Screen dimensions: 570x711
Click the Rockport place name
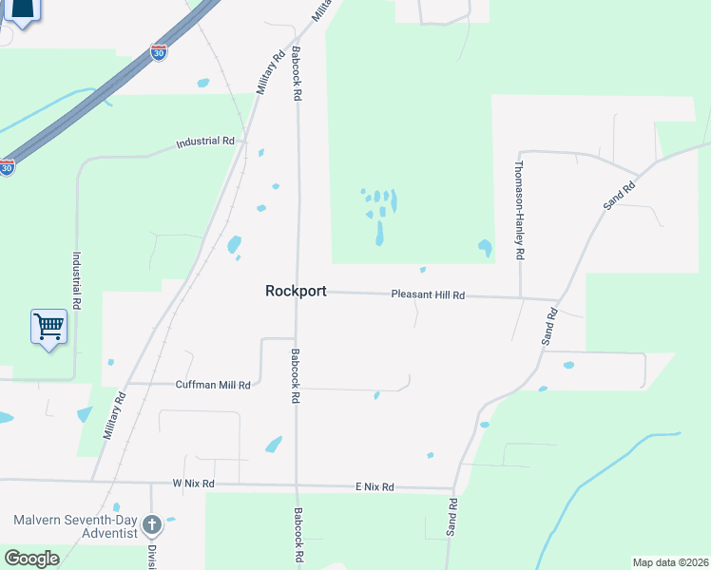click(x=296, y=292)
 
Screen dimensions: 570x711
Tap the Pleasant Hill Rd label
click(x=428, y=295)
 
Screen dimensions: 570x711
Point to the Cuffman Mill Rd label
click(x=213, y=385)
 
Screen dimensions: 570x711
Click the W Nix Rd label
click(x=193, y=484)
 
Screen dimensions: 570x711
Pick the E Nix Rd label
click(x=374, y=486)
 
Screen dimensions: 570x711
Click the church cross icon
click(x=151, y=523)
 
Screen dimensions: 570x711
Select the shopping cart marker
click(x=48, y=327)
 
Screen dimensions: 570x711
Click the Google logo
click(x=31, y=559)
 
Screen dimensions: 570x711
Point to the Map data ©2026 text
click(x=670, y=561)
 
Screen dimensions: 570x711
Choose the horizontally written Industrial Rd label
click(x=205, y=142)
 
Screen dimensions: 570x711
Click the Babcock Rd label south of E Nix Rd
click(x=298, y=538)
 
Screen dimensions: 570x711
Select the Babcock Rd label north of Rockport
click(x=297, y=74)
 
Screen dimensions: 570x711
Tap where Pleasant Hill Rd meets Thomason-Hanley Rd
click(x=521, y=298)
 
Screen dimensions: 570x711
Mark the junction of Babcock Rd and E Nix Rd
click(x=298, y=485)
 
